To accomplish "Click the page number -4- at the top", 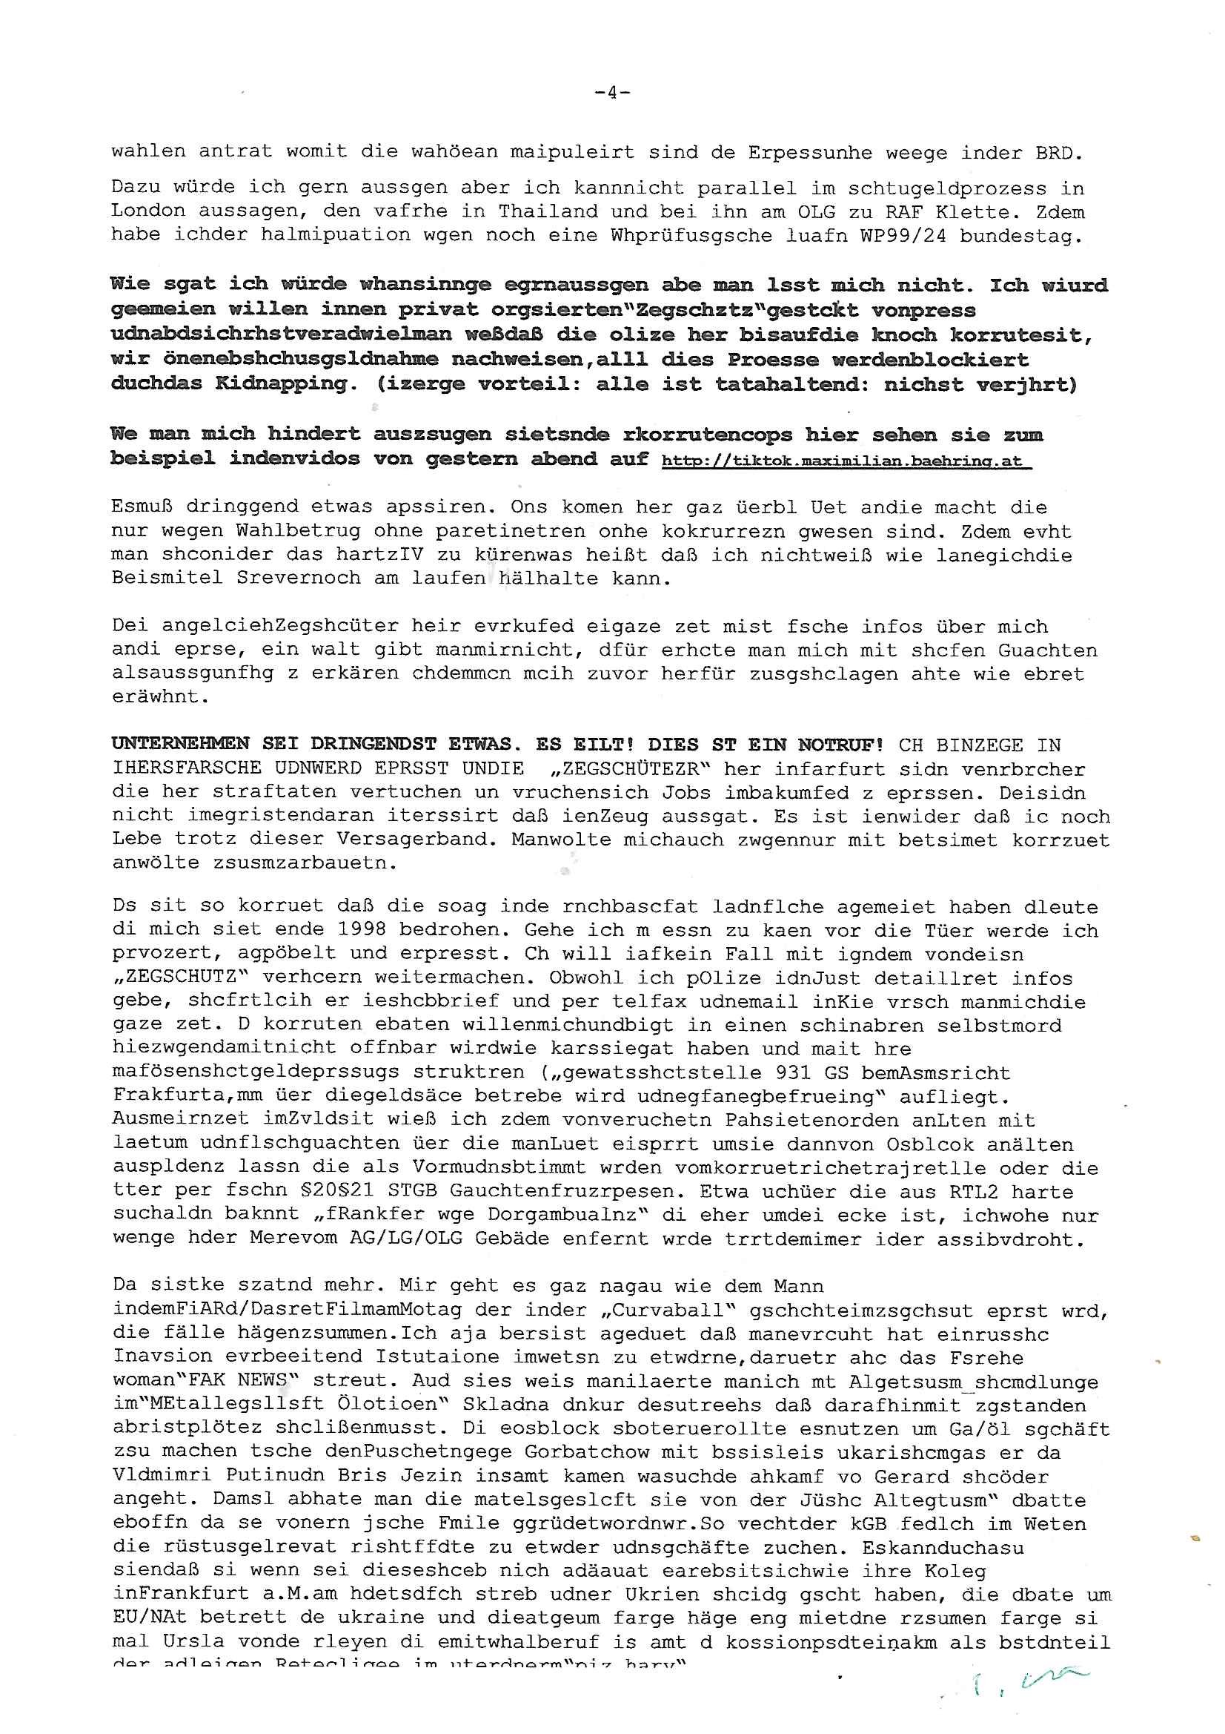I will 612,93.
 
